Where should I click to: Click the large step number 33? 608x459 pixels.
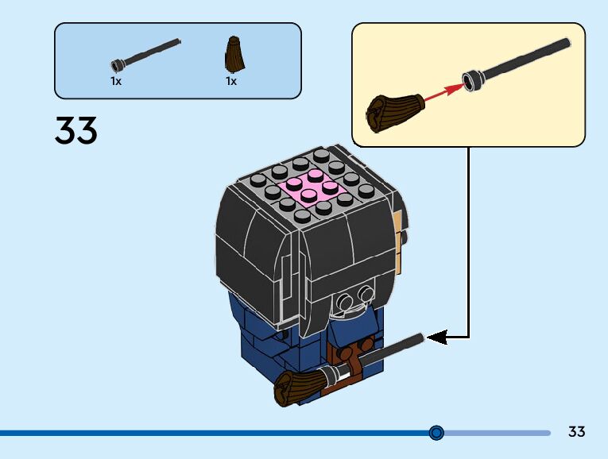tap(76, 130)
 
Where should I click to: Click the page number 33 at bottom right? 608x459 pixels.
tap(576, 431)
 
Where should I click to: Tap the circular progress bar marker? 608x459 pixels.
tap(436, 432)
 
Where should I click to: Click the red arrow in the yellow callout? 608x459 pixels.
tap(443, 91)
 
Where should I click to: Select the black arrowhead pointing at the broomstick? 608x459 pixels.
tap(437, 337)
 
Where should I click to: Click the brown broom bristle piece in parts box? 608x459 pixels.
tap(234, 55)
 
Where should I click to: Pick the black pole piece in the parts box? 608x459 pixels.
tap(145, 55)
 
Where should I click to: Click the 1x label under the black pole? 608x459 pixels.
tap(116, 81)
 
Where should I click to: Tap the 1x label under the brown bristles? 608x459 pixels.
tap(231, 81)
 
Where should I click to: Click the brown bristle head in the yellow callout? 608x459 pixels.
tap(394, 111)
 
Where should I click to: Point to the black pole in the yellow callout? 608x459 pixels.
tap(517, 64)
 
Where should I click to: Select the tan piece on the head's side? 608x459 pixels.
tap(397, 226)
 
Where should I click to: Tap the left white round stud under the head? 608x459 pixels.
tap(345, 299)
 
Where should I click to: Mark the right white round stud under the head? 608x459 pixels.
tap(366, 293)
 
